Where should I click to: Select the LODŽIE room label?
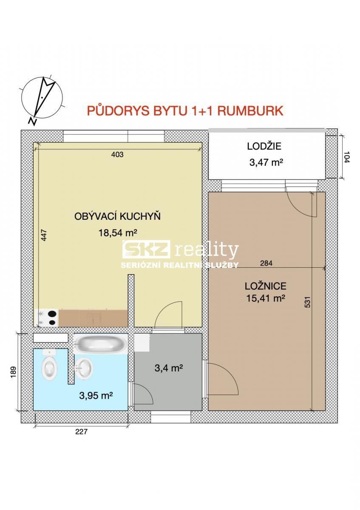click(x=264, y=147)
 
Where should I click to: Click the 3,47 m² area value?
click(x=265, y=162)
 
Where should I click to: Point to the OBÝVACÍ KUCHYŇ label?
click(x=117, y=216)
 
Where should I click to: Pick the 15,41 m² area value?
click(x=265, y=298)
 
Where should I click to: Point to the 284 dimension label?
click(x=266, y=263)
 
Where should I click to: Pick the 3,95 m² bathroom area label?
click(x=96, y=396)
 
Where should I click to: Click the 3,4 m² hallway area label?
click(x=168, y=368)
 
